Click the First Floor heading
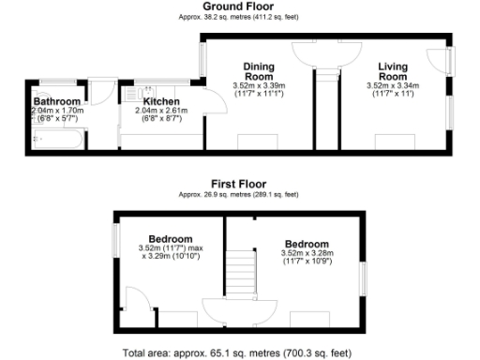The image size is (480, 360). click(x=238, y=186)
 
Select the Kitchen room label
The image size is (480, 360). click(x=160, y=100)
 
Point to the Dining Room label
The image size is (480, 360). click(x=258, y=71)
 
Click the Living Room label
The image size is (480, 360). click(x=393, y=71)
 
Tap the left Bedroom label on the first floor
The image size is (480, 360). click(x=170, y=238)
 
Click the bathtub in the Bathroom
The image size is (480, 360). click(x=57, y=141)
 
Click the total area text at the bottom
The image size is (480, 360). click(x=238, y=353)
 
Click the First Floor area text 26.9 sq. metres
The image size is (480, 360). click(x=238, y=195)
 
